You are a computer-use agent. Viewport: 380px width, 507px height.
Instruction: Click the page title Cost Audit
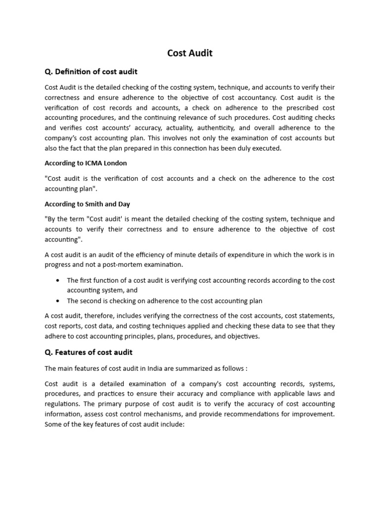tap(190, 53)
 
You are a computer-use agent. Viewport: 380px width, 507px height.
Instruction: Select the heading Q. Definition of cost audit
tap(91, 72)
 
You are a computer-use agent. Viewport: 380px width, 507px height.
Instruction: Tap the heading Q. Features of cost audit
tap(89, 353)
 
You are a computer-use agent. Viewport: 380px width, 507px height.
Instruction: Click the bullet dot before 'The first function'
tap(59, 280)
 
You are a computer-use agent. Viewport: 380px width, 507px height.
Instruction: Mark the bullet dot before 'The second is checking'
tap(59, 301)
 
